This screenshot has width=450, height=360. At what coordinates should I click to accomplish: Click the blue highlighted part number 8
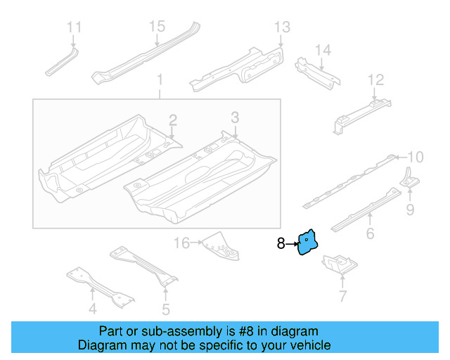click(x=308, y=243)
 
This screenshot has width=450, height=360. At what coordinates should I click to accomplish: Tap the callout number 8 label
click(x=281, y=244)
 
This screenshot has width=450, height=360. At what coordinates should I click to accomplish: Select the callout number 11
click(x=74, y=27)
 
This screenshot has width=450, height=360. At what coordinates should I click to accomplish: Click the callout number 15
click(x=156, y=26)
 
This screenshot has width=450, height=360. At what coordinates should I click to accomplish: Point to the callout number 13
click(x=281, y=27)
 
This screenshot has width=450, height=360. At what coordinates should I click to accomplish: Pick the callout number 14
click(x=322, y=50)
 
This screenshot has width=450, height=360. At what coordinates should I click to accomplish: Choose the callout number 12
click(x=376, y=79)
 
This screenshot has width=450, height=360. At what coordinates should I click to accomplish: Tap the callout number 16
click(x=181, y=243)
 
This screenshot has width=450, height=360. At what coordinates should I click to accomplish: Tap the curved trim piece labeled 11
click(x=61, y=61)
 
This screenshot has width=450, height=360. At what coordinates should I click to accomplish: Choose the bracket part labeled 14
click(x=316, y=71)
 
